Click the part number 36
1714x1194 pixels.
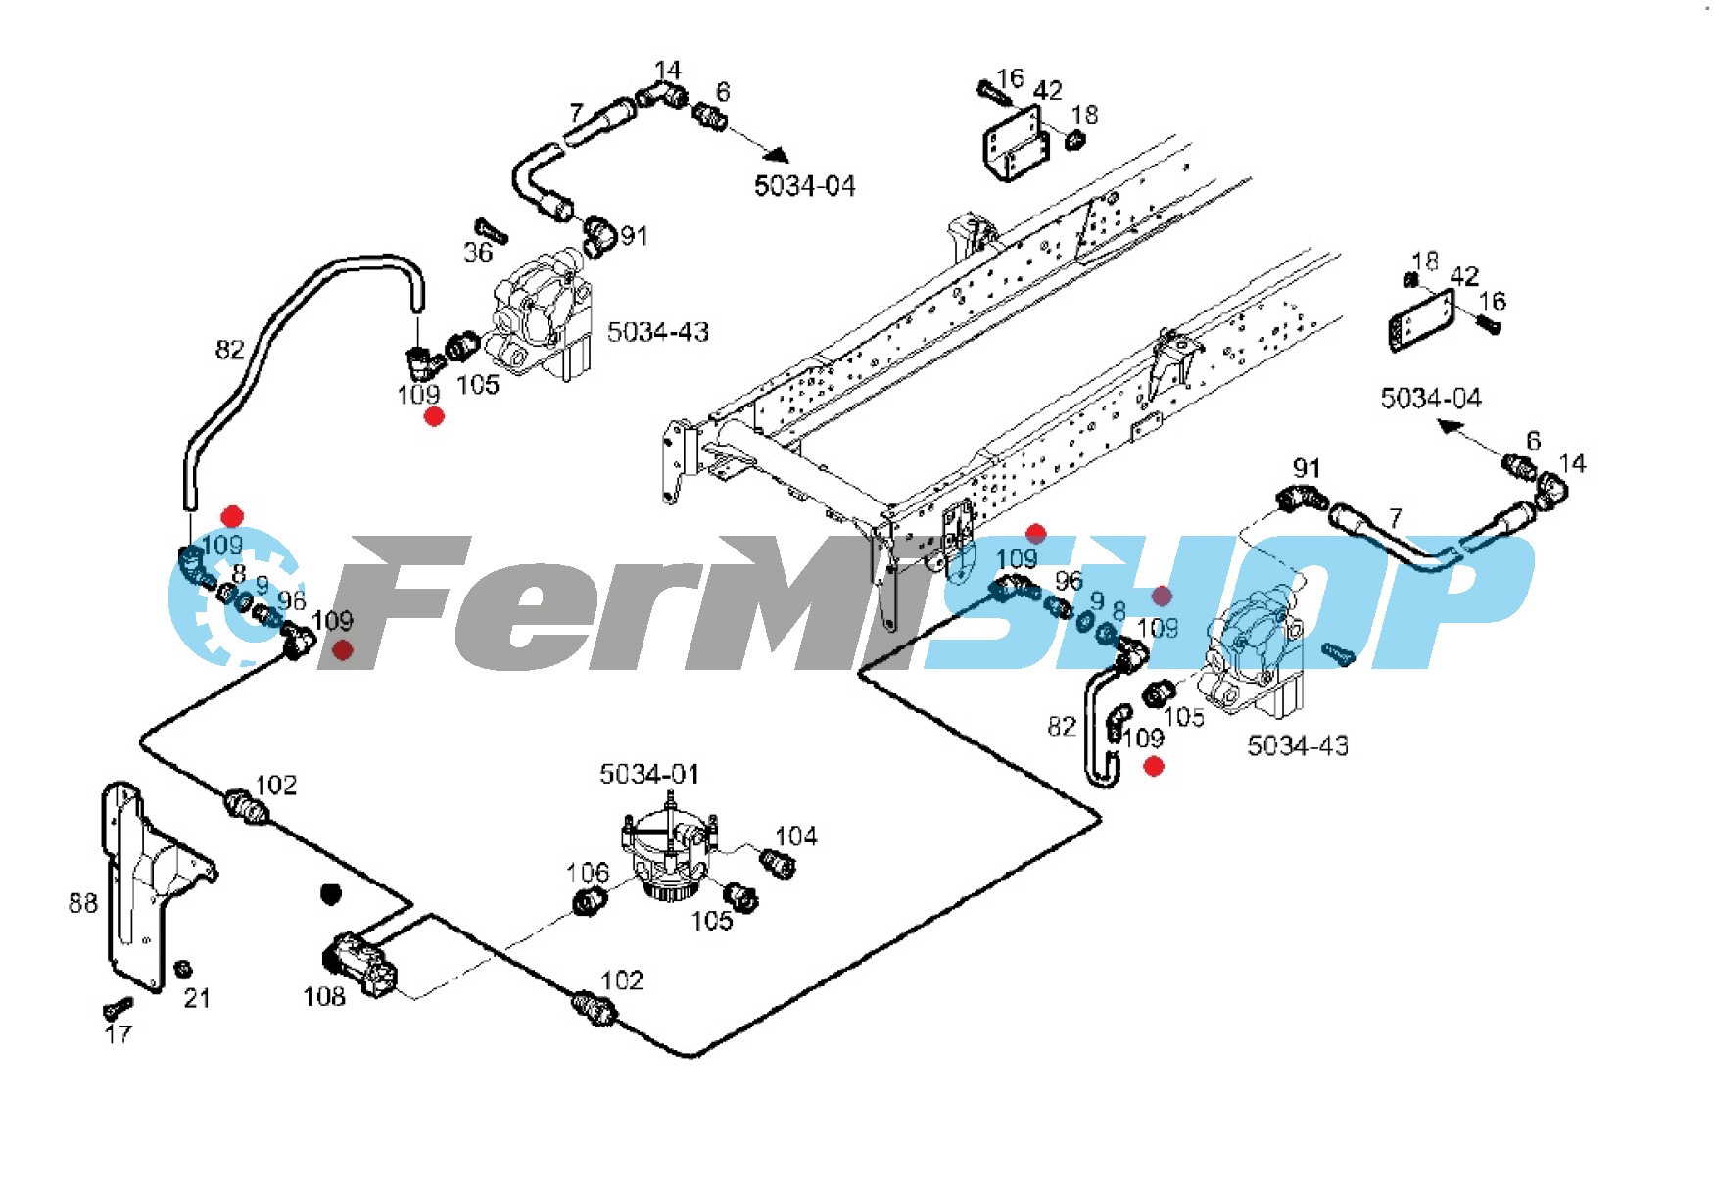point(477,253)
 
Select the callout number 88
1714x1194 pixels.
point(83,903)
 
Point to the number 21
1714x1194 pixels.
point(197,998)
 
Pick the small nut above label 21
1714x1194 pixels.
point(182,970)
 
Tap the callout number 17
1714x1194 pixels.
point(118,1033)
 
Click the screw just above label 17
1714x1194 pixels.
point(117,1007)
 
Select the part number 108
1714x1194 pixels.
point(324,996)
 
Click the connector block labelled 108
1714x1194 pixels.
point(359,964)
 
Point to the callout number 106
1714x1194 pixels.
point(588,872)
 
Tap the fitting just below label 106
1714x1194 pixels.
point(587,901)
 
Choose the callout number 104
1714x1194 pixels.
point(795,836)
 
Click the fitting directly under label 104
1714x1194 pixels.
point(778,864)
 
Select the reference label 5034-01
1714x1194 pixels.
point(649,774)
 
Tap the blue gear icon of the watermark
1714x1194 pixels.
point(225,597)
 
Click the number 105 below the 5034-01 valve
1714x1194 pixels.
point(711,921)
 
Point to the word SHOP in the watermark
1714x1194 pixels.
point(1224,602)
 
